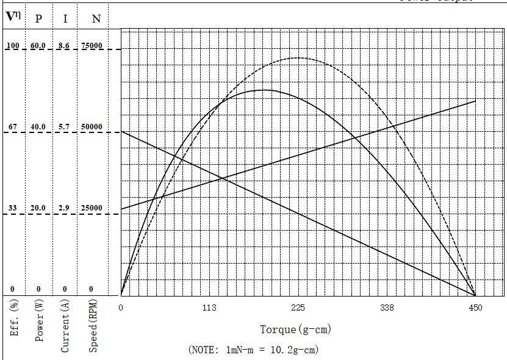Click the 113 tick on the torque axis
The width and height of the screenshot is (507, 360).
tap(209, 308)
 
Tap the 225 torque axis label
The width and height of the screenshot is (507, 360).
tap(298, 308)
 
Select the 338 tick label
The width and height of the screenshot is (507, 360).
tap(387, 308)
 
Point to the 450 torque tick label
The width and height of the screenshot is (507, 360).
tap(475, 308)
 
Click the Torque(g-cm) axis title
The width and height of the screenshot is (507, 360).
tap(296, 329)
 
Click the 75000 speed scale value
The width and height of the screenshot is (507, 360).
tap(92, 46)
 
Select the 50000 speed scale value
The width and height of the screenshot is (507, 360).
tap(92, 127)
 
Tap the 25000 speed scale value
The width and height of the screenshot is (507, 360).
tap(92, 208)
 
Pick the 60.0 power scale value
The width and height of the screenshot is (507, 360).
tap(38, 46)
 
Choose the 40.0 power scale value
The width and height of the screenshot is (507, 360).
tap(38, 127)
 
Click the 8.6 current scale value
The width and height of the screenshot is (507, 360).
tap(64, 46)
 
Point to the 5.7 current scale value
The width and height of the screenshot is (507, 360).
tap(64, 127)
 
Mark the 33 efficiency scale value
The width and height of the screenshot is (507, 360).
tap(12, 208)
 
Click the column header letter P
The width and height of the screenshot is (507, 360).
tap(38, 18)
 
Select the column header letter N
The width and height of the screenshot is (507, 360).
tap(96, 18)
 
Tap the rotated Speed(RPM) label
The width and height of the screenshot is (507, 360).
tap(93, 325)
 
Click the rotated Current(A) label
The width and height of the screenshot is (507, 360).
tap(65, 325)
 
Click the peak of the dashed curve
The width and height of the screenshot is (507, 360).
tap(298, 58)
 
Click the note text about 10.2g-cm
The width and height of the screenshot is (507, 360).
tap(254, 350)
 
